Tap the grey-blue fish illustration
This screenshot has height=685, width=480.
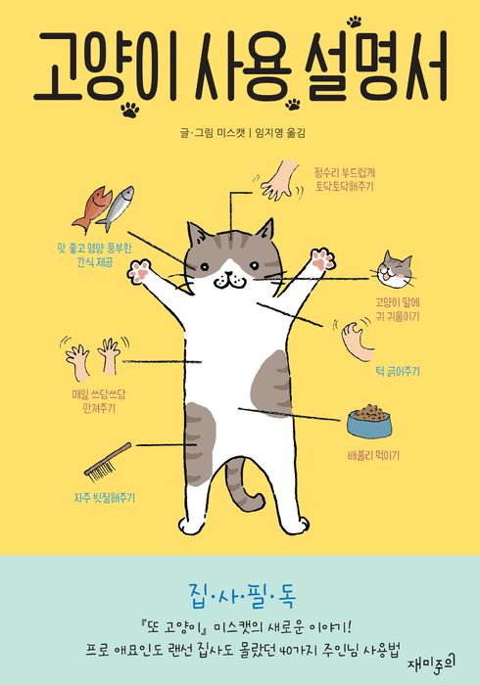pos(116,207)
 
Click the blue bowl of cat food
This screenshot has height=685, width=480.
pos(368,420)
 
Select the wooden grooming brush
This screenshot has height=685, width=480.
pos(108,462)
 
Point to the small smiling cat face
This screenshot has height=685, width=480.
pos(395,270)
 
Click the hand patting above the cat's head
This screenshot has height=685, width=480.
pos(280,180)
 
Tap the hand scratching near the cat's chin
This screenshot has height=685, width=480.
pos(357,341)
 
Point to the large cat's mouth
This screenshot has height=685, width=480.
pos(229,280)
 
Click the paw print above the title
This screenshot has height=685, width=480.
pos(355,21)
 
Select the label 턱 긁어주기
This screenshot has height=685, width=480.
pos(398,371)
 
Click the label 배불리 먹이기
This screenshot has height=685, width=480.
pos(373,456)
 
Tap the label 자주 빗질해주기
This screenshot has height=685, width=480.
pos(105,497)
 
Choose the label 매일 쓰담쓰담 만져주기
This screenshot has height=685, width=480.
pos(99,401)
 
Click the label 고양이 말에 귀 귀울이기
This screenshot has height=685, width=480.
pos(398,309)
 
